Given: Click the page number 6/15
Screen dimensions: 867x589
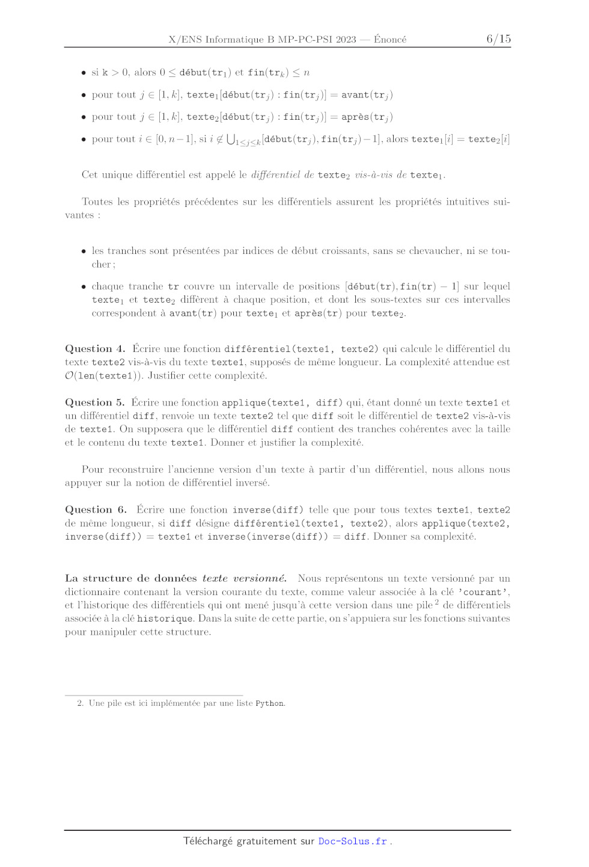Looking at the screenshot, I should pos(498,39).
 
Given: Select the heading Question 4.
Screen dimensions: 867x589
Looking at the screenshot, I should pos(95,349).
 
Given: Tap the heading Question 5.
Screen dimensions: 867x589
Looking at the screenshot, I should pos(95,403).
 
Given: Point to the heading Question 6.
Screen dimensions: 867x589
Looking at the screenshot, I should pos(96,510).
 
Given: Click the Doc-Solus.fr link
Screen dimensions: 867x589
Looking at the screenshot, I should pos(353,841).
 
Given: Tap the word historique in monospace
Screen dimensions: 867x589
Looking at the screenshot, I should pos(165,619).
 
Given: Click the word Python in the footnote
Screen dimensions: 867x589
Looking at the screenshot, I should pos(270,703).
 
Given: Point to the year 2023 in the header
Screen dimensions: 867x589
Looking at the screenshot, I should pos(346,40).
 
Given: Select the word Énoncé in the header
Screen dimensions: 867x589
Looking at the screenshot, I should pos(390,40).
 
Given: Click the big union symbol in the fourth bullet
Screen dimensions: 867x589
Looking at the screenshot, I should pos(231,139).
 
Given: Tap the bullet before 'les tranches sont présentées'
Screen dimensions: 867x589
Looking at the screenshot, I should pos(84,251).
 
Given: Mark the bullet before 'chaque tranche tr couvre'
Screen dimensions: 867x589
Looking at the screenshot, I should pos(84,286).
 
